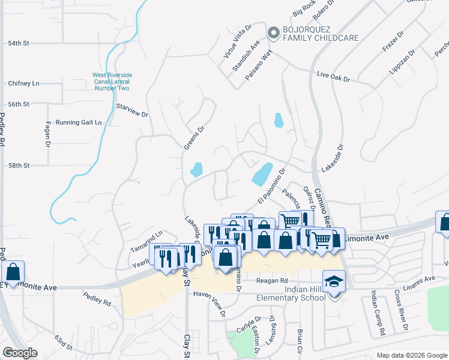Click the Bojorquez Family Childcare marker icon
click(x=273, y=32)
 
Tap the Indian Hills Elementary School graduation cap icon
click(x=334, y=280)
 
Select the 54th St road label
click(x=19, y=43)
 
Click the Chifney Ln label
click(x=23, y=83)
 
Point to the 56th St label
click(x=19, y=104)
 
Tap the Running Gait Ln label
click(x=79, y=122)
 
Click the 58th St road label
click(x=19, y=165)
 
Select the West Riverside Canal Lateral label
click(x=112, y=82)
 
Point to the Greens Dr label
click(x=191, y=137)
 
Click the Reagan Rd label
click(x=272, y=280)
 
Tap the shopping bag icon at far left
click(x=13, y=272)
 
